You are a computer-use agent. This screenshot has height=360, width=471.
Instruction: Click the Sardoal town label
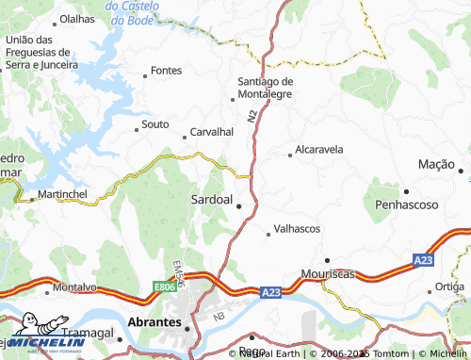(211, 200)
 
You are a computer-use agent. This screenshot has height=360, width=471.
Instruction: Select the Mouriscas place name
(327, 273)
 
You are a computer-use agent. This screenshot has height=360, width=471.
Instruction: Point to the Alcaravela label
(318, 149)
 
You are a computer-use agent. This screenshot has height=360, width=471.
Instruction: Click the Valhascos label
(297, 229)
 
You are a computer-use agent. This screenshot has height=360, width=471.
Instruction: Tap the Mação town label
(436, 164)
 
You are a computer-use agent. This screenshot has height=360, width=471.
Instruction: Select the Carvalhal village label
(212, 133)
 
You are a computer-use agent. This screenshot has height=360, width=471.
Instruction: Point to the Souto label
(154, 124)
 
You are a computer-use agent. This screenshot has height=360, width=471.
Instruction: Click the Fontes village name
(166, 71)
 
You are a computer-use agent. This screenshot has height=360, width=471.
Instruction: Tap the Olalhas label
(77, 18)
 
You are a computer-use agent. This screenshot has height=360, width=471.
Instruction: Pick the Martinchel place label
(62, 194)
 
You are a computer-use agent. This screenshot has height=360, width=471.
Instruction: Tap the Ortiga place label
(449, 286)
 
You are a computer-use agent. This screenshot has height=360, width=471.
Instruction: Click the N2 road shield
(252, 117)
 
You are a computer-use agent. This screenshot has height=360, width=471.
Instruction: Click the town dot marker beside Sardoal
(239, 206)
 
